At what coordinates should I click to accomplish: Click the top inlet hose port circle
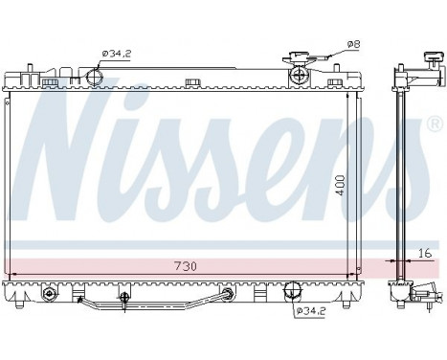coord(94,78)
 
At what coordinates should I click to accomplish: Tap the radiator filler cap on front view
coord(299,58)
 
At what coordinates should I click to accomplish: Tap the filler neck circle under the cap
coord(299,75)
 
